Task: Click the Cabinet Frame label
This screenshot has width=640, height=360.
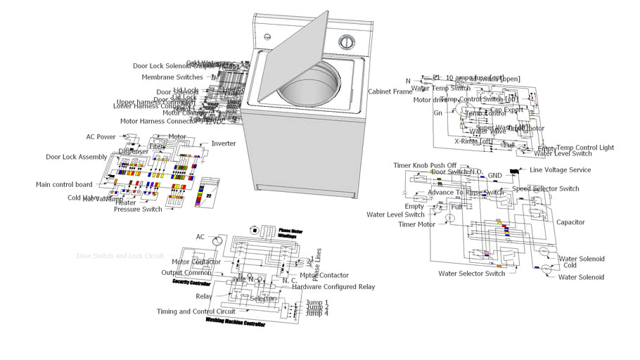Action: tap(390, 92)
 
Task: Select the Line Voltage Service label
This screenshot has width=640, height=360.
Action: tap(560, 170)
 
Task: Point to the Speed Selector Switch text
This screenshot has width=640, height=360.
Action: tap(545, 188)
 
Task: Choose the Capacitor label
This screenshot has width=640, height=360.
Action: tap(570, 222)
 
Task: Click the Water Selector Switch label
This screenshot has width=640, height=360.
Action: tap(472, 274)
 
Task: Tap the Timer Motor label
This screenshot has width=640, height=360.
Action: tap(416, 224)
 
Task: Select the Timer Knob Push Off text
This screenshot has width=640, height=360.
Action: tap(425, 165)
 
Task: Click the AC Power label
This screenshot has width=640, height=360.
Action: tap(101, 137)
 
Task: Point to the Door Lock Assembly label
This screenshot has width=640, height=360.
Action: tap(77, 157)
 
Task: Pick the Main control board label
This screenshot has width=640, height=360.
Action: tap(64, 185)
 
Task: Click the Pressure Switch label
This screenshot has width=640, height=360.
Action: tap(138, 210)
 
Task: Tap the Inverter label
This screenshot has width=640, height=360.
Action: tap(224, 143)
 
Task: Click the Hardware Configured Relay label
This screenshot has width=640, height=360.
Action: tap(333, 287)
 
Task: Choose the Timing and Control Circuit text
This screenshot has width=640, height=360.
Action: tap(196, 311)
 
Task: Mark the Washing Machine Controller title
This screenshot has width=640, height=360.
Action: tap(235, 326)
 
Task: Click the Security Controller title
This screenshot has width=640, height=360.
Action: tap(191, 282)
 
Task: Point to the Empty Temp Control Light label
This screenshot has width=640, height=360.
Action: tap(575, 148)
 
